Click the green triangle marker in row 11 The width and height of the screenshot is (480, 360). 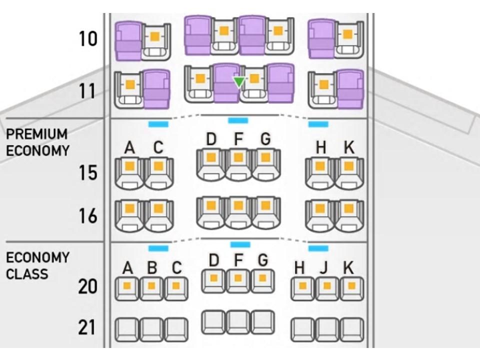pyautogui.click(x=239, y=81)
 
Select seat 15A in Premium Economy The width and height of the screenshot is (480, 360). pyautogui.click(x=129, y=172)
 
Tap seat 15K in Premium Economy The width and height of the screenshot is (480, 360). pyautogui.click(x=348, y=172)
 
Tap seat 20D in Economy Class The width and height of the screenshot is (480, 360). pyautogui.click(x=213, y=280)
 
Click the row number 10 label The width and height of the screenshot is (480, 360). pyautogui.click(x=88, y=38)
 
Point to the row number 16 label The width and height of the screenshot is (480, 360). pyautogui.click(x=88, y=216)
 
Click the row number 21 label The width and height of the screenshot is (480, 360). pyautogui.click(x=87, y=328)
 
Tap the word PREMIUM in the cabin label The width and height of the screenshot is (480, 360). pyautogui.click(x=36, y=134)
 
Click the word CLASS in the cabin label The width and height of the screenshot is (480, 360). pyautogui.click(x=27, y=274)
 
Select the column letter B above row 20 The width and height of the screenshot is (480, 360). pyautogui.click(x=152, y=268)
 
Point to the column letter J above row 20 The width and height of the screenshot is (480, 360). pyautogui.click(x=324, y=268)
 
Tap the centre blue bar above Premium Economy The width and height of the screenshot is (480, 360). pyautogui.click(x=238, y=120)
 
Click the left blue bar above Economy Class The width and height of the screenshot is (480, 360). pyautogui.click(x=158, y=248)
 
